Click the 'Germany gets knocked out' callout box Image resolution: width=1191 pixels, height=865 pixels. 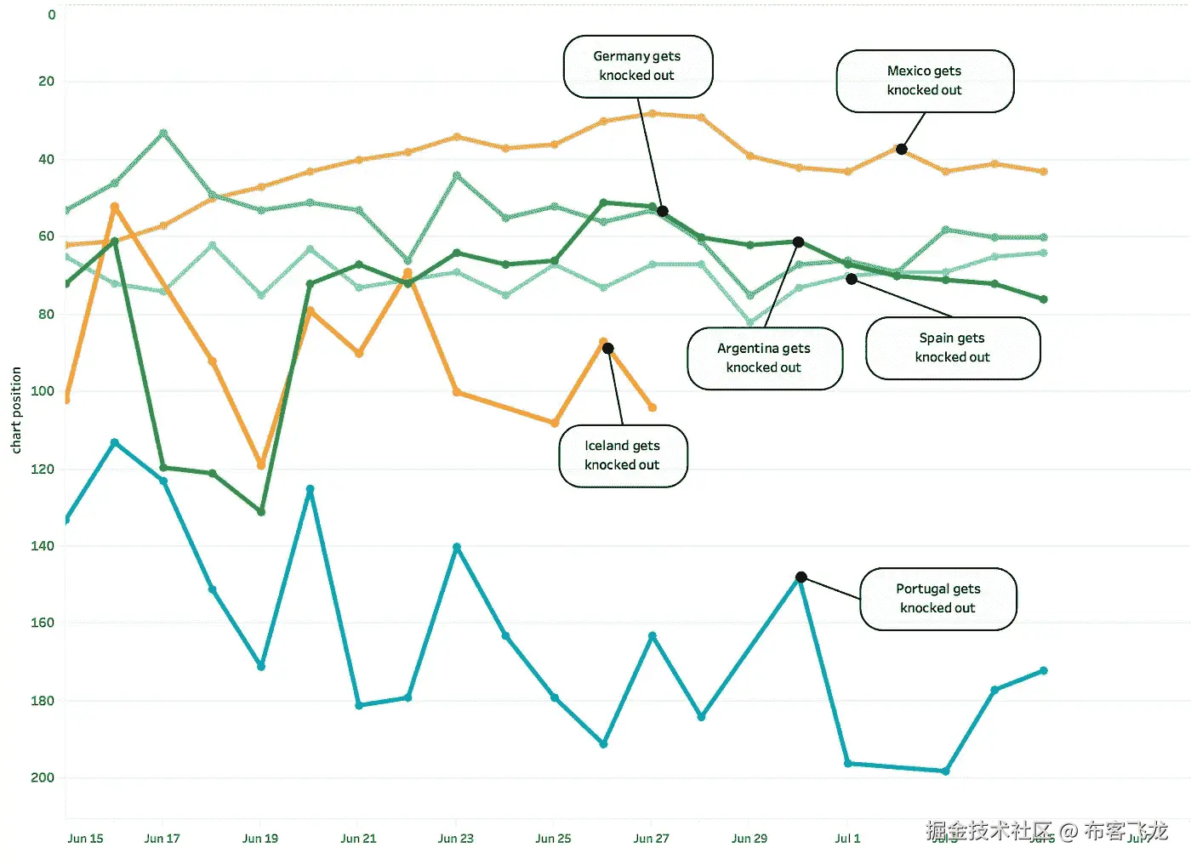[x=637, y=66]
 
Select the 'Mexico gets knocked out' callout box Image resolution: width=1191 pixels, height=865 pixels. [x=925, y=81]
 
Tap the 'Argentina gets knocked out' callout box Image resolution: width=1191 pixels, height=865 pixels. [x=764, y=358]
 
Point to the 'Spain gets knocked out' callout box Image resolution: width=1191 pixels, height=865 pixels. [x=952, y=348]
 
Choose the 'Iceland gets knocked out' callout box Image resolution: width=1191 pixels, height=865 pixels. [x=622, y=456]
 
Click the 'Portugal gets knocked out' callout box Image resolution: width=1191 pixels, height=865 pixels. [x=937, y=599]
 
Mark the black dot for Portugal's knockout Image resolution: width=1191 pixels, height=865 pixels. [x=801, y=578]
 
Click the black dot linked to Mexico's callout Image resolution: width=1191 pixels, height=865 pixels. [x=902, y=150]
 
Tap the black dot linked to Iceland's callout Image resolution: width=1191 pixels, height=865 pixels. [x=608, y=349]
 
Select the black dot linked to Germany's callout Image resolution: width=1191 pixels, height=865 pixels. [x=663, y=212]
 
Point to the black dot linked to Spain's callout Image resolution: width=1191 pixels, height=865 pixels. [x=852, y=279]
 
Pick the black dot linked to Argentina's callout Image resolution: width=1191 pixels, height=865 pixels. [x=798, y=242]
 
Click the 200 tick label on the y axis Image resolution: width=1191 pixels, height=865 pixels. [x=43, y=777]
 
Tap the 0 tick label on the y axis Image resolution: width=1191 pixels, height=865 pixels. [x=52, y=14]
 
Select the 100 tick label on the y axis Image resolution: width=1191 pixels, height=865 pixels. [x=43, y=391]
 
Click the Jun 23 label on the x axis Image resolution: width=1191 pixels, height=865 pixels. [x=456, y=839]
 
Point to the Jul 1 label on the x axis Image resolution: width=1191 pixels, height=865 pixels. [x=847, y=839]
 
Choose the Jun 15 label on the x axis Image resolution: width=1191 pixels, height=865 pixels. [x=85, y=839]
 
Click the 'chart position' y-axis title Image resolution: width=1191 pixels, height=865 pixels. [x=16, y=410]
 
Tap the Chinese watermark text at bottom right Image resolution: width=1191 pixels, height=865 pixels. [x=1046, y=831]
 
